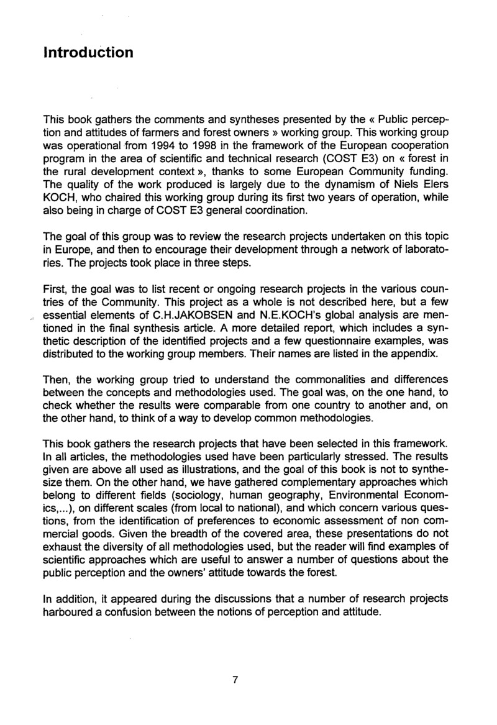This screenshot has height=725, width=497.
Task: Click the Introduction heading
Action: pos(88,52)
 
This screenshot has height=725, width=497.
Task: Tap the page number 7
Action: pos(235,679)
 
